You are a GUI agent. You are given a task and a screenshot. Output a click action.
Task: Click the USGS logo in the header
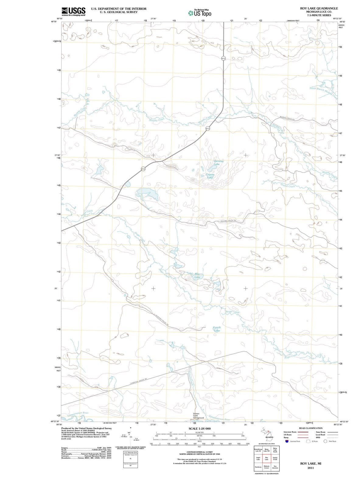point(73,12)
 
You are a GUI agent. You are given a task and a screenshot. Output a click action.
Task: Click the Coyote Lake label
point(210,176)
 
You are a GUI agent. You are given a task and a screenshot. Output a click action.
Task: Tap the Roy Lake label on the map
point(197,276)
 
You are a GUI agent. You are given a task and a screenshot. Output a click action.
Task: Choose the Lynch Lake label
point(217,329)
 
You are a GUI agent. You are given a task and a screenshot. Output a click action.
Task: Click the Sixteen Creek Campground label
point(198,416)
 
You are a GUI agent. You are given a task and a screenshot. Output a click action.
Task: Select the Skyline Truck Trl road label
point(228,220)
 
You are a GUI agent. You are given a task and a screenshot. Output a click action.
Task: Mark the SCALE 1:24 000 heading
point(200,429)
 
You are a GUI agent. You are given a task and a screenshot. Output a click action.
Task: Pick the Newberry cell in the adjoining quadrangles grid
point(258,467)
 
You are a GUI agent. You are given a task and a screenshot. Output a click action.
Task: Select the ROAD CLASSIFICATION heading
point(310,428)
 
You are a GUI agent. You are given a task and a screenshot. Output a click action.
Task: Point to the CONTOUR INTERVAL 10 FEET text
point(199,452)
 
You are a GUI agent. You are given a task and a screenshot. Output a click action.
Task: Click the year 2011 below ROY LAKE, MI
point(311,468)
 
